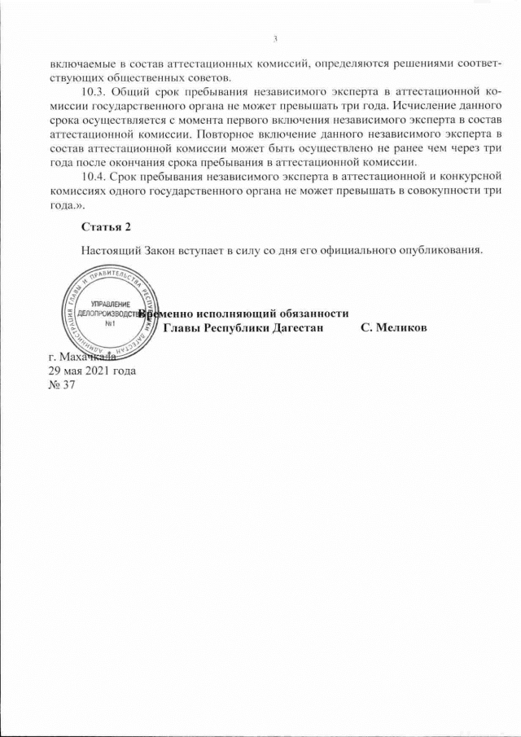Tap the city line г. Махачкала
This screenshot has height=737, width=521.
(82, 357)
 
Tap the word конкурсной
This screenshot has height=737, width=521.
(466, 176)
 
